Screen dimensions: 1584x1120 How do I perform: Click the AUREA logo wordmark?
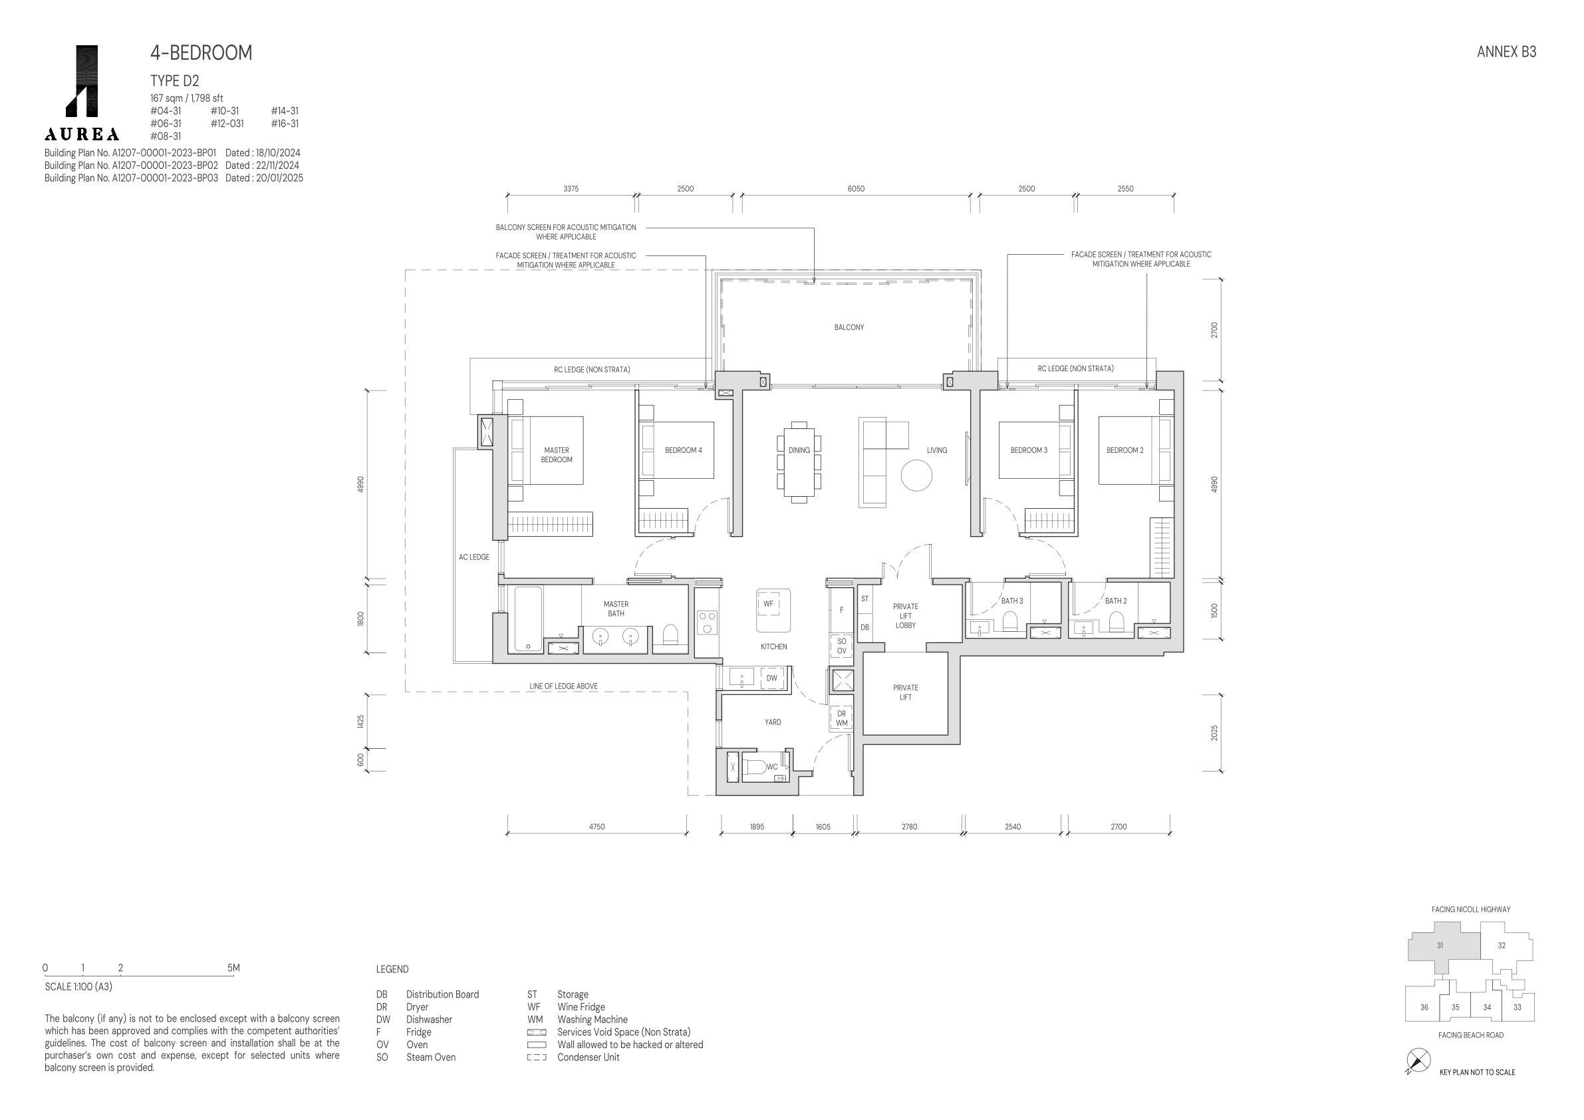tap(81, 134)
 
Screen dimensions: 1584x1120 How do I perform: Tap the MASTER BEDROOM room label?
tap(557, 455)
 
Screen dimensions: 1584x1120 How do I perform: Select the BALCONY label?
tap(849, 327)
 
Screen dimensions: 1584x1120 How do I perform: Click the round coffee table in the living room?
tap(916, 476)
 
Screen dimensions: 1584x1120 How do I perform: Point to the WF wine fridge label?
tap(768, 604)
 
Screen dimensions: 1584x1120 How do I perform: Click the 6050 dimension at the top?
tap(855, 188)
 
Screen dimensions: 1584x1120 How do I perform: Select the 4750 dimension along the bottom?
tap(596, 826)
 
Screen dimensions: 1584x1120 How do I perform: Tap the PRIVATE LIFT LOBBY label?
tap(905, 616)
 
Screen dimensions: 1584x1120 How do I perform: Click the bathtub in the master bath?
tap(529, 619)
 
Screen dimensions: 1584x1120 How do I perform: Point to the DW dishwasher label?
tap(771, 678)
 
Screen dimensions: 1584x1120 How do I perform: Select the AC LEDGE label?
tap(474, 557)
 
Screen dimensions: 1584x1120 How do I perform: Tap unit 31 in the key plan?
tap(1440, 945)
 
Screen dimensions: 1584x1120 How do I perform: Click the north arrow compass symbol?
tap(1418, 1061)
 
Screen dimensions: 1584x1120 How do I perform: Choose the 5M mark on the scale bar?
tap(233, 968)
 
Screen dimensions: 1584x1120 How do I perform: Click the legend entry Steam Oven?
tap(430, 1057)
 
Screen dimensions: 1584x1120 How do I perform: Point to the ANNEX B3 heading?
tap(1506, 52)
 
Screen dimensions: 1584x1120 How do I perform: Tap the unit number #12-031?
tap(227, 124)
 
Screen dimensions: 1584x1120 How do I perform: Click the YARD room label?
tap(773, 722)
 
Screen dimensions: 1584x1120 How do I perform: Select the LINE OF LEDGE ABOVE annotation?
tap(563, 686)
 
